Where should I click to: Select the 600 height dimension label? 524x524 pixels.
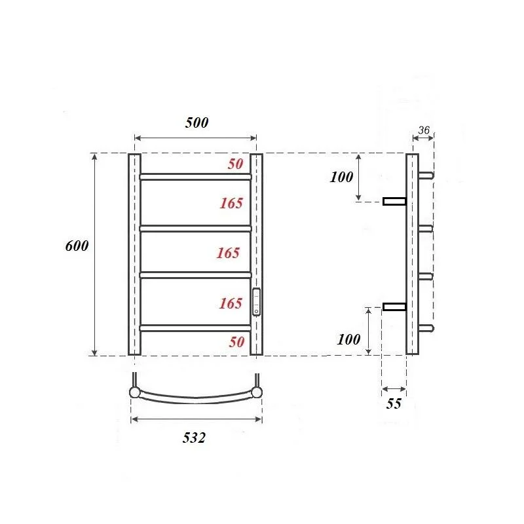click(x=77, y=246)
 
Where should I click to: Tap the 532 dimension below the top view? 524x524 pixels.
click(x=193, y=438)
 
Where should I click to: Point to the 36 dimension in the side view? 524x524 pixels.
click(x=423, y=131)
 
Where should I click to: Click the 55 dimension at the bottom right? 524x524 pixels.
click(x=393, y=404)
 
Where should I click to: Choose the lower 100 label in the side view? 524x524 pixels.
click(x=349, y=339)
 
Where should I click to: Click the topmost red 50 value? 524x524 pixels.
click(x=236, y=164)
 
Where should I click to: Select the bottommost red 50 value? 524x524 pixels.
click(x=236, y=341)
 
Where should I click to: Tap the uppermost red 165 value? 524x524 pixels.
click(x=231, y=203)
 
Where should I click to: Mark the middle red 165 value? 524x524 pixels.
click(x=228, y=253)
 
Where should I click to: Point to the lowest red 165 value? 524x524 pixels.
click(x=231, y=303)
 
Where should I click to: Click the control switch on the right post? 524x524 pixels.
click(x=256, y=302)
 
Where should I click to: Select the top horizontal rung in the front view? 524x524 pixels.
click(x=195, y=177)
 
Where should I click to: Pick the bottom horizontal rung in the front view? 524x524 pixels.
click(x=195, y=327)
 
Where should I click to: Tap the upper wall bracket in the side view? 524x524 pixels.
click(x=394, y=201)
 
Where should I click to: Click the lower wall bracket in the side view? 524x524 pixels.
click(x=394, y=307)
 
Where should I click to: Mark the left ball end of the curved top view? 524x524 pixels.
click(x=134, y=392)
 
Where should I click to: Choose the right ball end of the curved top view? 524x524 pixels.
click(x=257, y=392)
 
